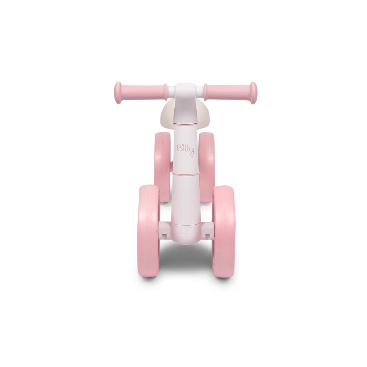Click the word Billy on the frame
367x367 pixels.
pos(185,149)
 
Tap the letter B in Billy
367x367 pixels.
pos(179,148)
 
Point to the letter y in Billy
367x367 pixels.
pos(192,151)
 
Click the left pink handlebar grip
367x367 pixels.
pos(141,92)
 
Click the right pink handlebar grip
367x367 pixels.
pos(230,93)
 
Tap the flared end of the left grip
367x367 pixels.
pos(118,93)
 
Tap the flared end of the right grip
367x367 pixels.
pos(254,93)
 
